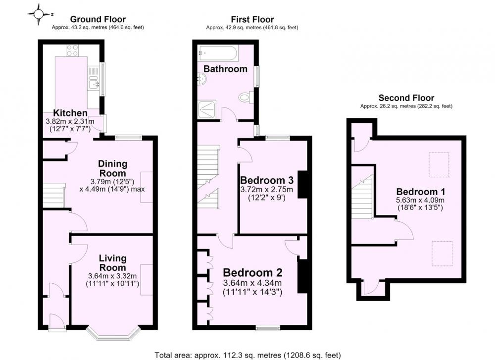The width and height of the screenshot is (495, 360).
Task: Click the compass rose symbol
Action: (x=39, y=14)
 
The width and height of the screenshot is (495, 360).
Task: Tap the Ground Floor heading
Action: (x=98, y=20)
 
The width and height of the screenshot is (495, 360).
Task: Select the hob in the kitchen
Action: (x=72, y=51)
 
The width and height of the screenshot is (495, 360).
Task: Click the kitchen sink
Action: (x=94, y=83)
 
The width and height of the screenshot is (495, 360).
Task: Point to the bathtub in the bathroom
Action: (x=218, y=53)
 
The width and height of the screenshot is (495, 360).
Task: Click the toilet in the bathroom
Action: (x=247, y=97)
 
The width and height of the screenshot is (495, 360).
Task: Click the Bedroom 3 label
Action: (x=267, y=180)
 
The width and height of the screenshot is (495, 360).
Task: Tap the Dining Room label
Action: (x=113, y=168)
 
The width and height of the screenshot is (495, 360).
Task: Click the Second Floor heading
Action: (x=406, y=98)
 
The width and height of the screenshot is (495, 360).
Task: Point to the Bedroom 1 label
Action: (x=421, y=192)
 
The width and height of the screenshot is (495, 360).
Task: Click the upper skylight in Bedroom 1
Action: (x=439, y=164)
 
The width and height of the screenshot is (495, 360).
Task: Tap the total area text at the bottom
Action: (x=248, y=355)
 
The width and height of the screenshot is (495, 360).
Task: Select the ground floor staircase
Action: (x=53, y=196)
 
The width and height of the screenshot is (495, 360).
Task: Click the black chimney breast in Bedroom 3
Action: (x=302, y=185)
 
